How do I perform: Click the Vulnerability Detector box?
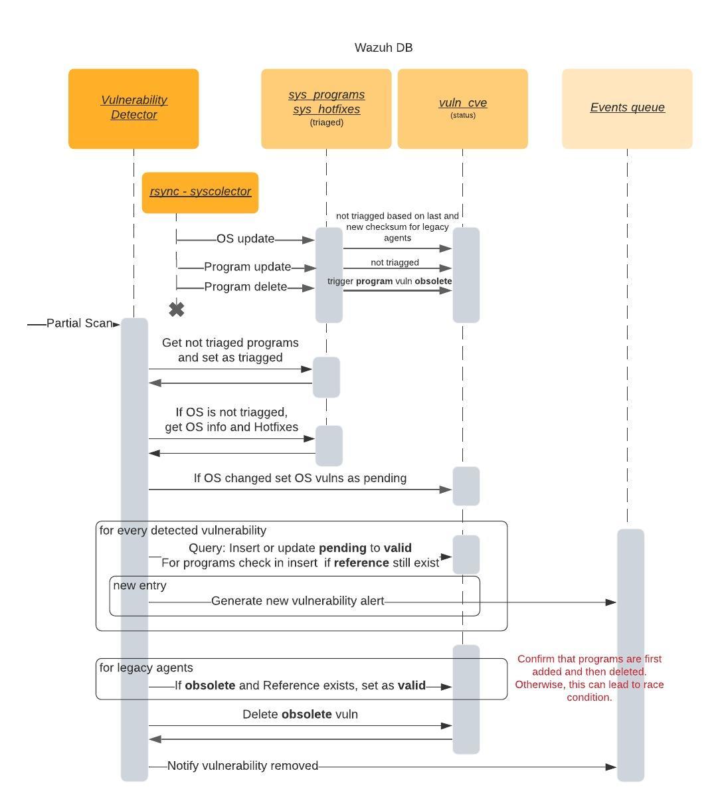coord(134,108)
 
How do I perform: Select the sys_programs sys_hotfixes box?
coord(326,108)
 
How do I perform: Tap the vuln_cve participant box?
coord(462,108)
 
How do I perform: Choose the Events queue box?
coord(627,108)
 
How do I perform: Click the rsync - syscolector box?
coord(200,192)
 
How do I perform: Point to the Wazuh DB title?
coord(383,48)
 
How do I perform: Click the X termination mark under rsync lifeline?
coord(177,310)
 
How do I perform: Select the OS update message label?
coord(245,239)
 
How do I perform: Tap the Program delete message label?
coord(245,287)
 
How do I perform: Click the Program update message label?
coord(247,267)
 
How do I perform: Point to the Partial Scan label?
coord(78,323)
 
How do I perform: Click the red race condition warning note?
coord(589,678)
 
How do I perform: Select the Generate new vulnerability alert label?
coord(298,601)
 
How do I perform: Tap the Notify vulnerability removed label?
coord(242,766)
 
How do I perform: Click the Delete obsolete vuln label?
coord(300,715)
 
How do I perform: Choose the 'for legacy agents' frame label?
coord(146,668)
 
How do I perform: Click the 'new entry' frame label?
coord(139,586)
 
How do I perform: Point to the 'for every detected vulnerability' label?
coord(183,531)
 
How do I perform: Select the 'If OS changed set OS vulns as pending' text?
coord(300,478)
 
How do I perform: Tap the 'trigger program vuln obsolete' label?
coord(389,282)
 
